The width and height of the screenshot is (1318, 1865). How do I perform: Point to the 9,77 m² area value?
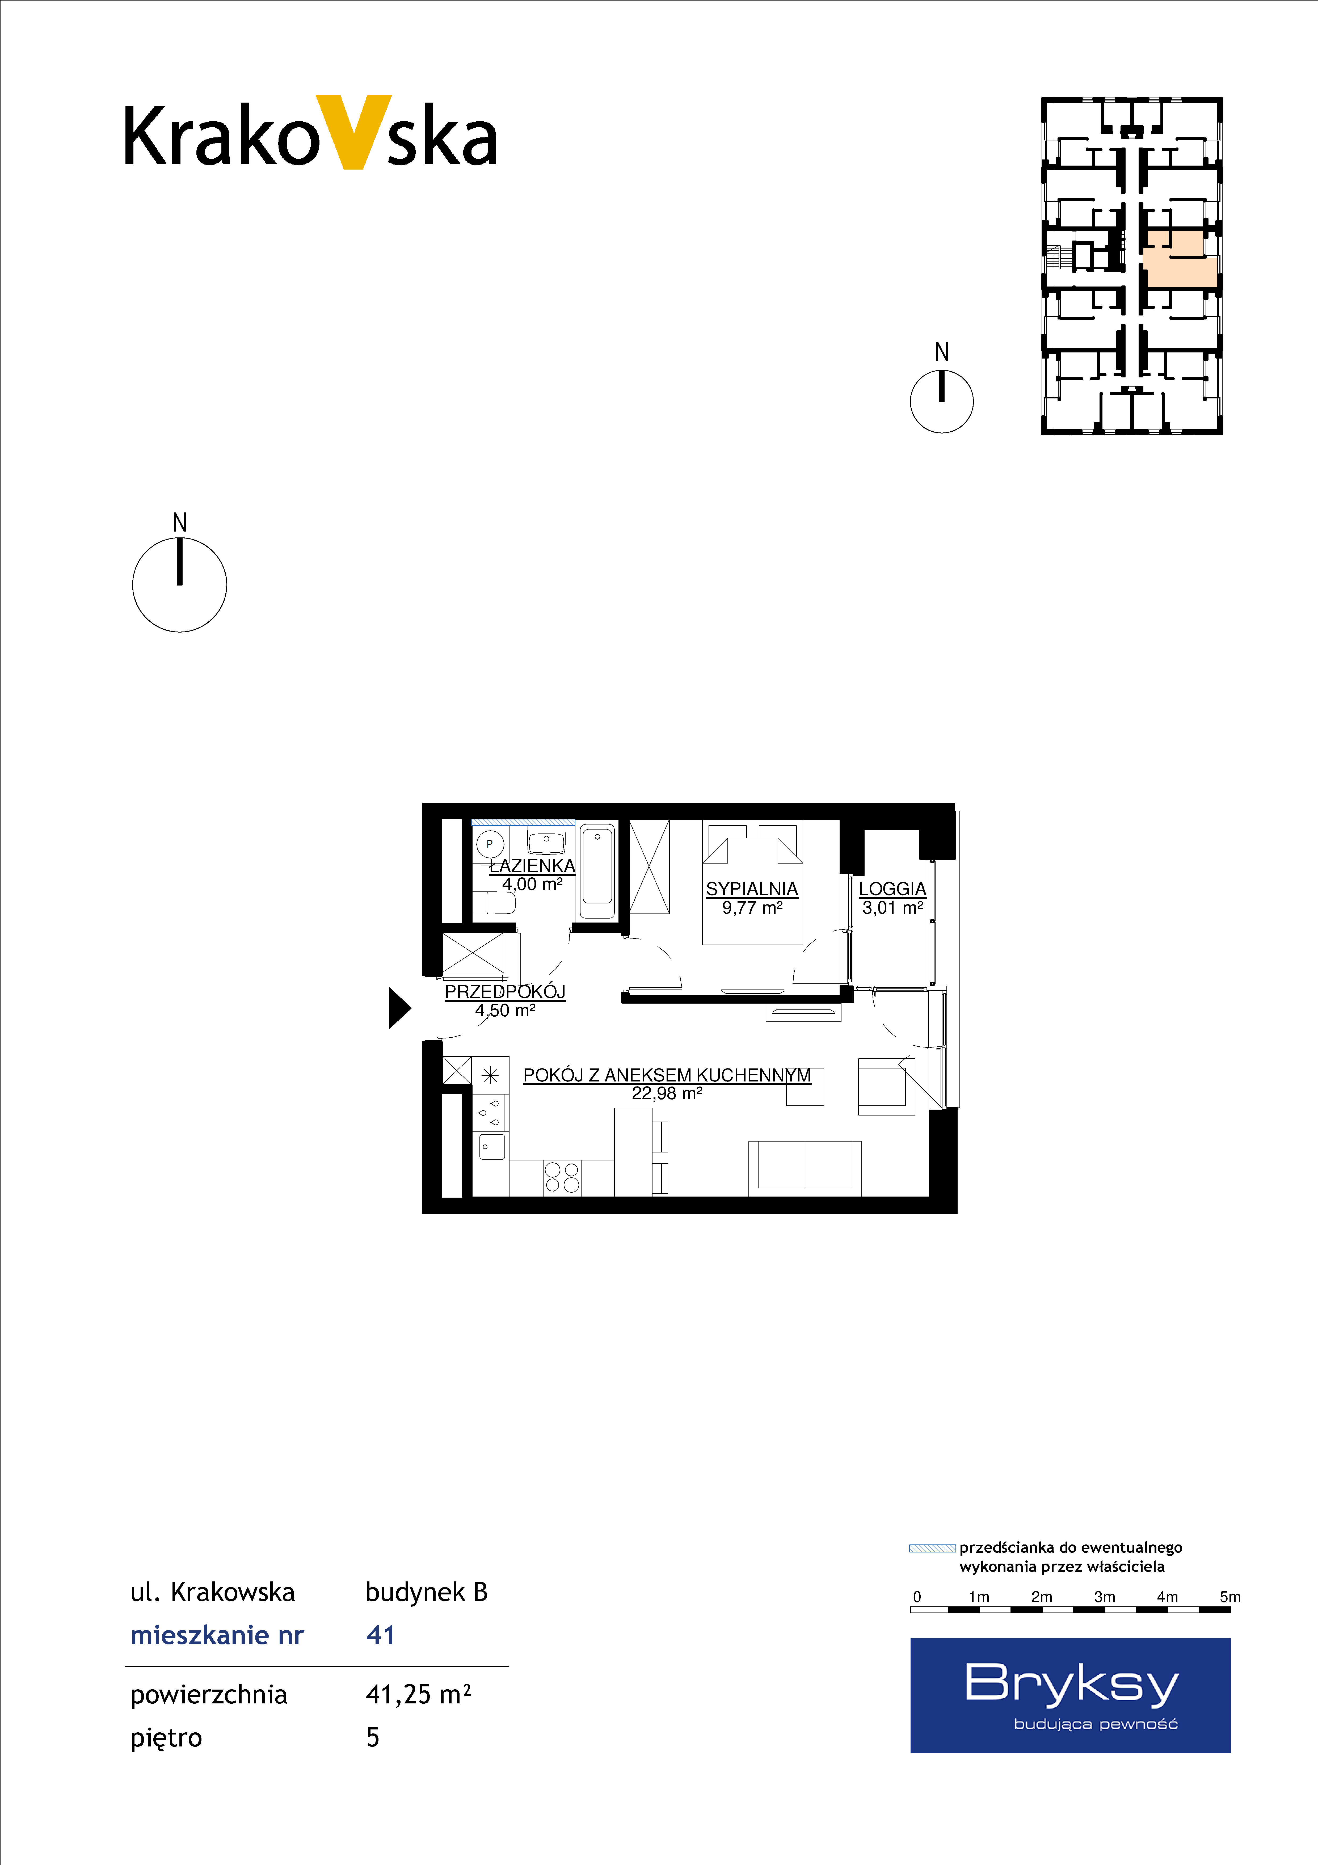tap(752, 908)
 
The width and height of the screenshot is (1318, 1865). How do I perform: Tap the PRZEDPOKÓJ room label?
tap(505, 992)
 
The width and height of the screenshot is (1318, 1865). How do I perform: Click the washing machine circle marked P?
tap(490, 844)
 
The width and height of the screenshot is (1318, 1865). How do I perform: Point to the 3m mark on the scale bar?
tap(1104, 1597)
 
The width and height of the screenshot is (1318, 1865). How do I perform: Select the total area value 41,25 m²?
tap(418, 1694)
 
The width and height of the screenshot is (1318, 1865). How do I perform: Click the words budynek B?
tap(426, 1592)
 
